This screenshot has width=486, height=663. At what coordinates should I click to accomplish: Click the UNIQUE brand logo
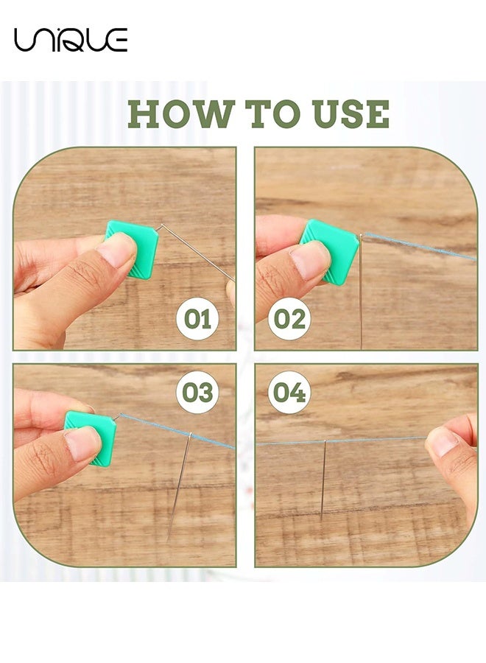pyautogui.click(x=71, y=40)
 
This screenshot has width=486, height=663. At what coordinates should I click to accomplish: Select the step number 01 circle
pyautogui.click(x=197, y=319)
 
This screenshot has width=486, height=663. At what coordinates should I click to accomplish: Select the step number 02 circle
pyautogui.click(x=289, y=319)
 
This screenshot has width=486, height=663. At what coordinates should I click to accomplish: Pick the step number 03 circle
pyautogui.click(x=197, y=392)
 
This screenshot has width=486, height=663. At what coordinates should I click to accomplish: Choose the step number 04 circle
pyautogui.click(x=289, y=392)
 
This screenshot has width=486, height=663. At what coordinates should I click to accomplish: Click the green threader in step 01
pyautogui.click(x=132, y=250)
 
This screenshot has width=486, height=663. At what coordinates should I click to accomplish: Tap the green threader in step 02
pyautogui.click(x=330, y=252)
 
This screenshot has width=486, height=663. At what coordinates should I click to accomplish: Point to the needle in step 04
pyautogui.click(x=323, y=480)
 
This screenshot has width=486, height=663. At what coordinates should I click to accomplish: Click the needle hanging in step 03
pyautogui.click(x=179, y=486)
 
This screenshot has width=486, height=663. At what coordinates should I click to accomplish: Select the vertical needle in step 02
pyautogui.click(x=361, y=291)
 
